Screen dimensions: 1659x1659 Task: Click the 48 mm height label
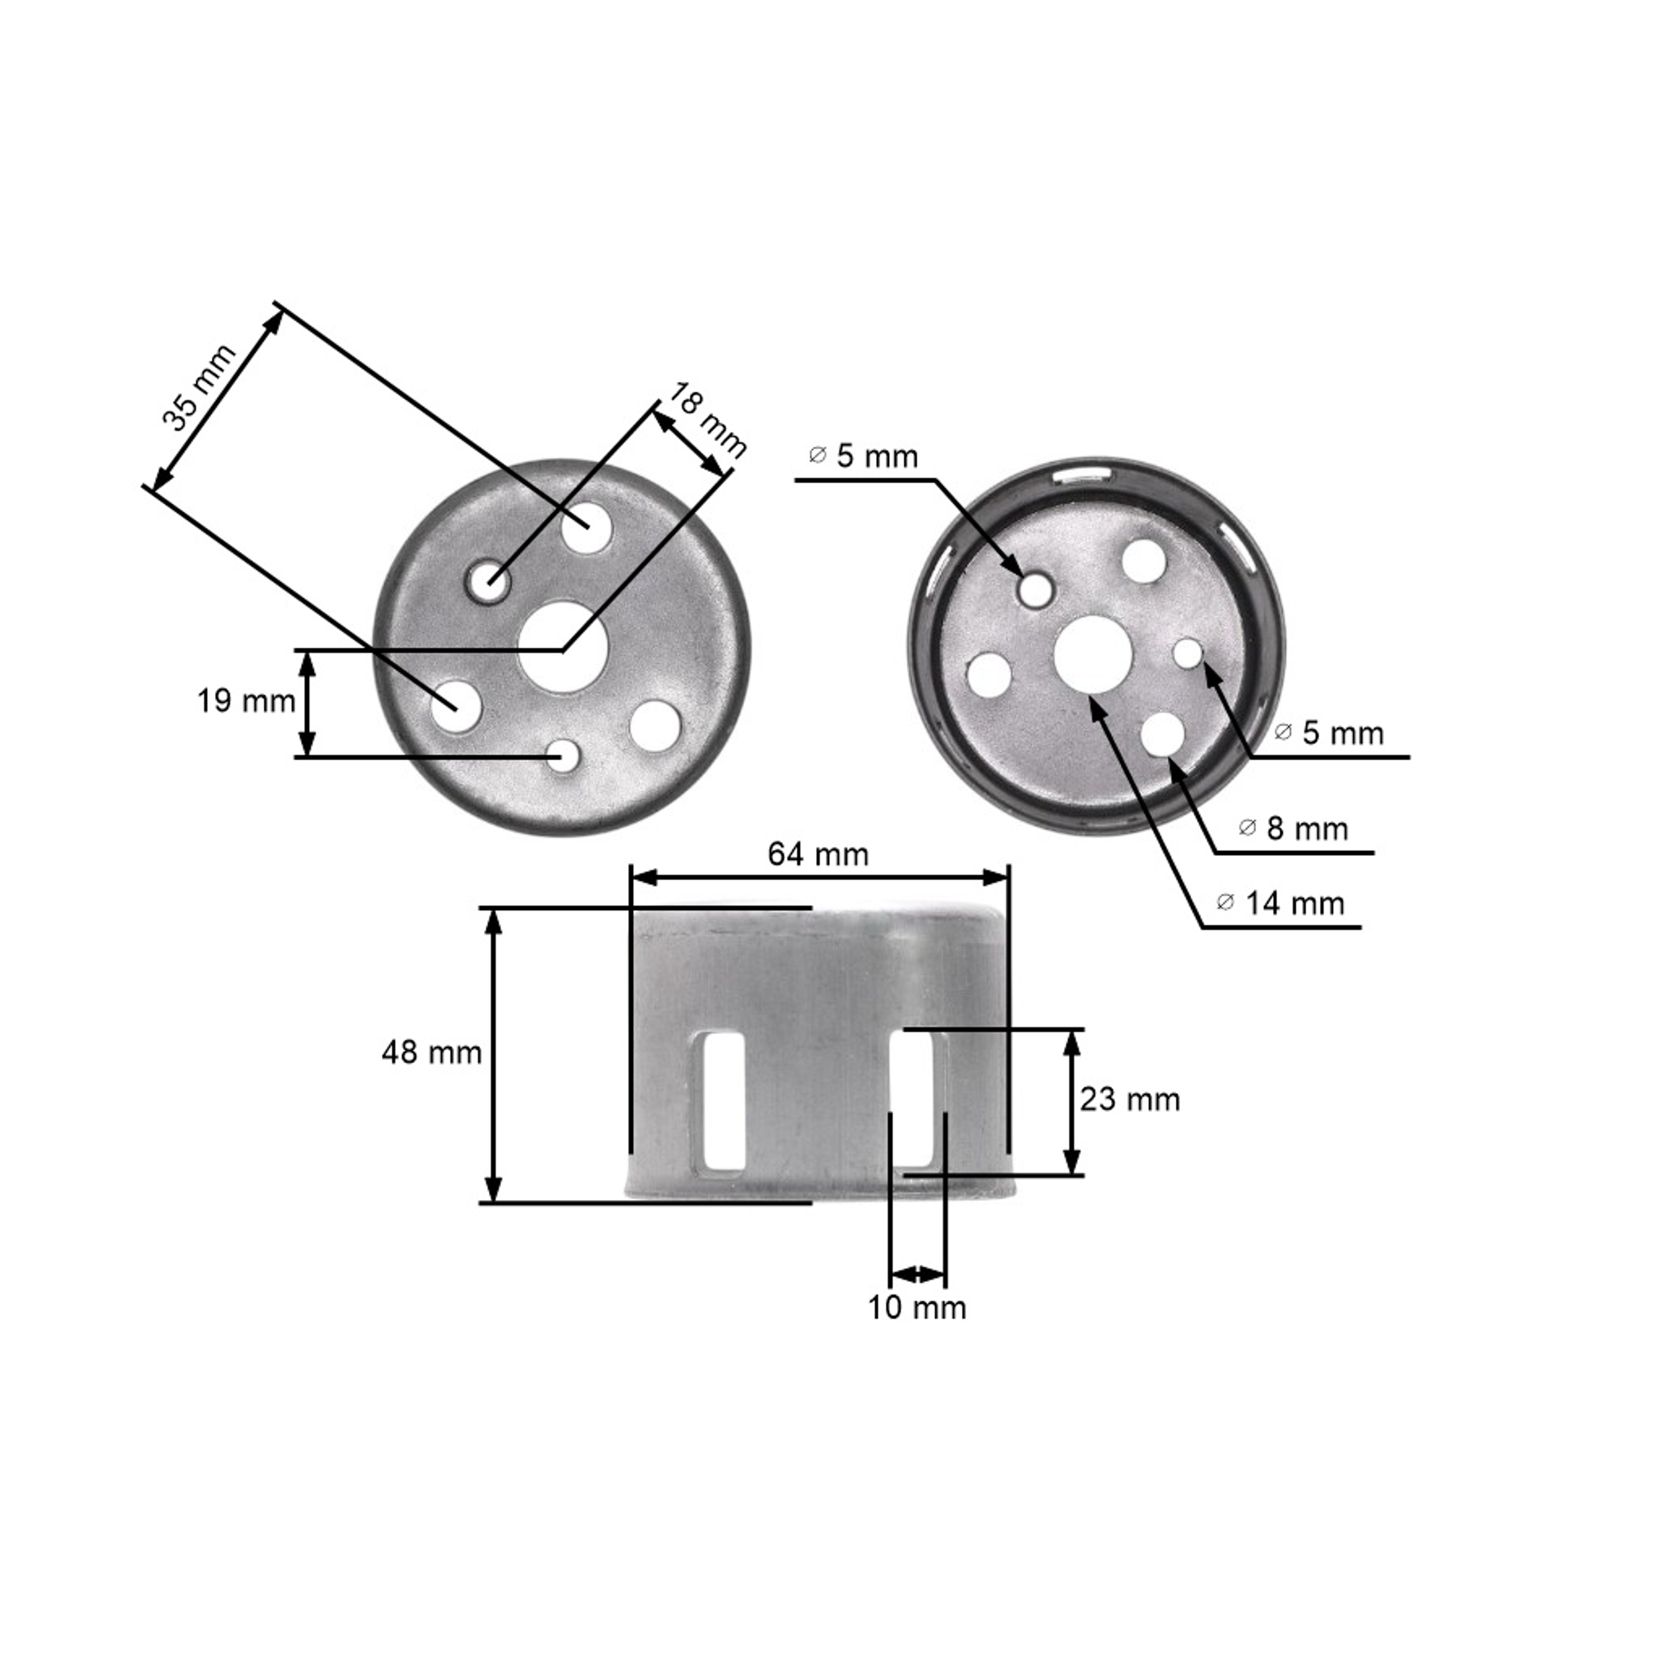point(432,1053)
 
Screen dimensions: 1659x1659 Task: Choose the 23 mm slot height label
point(1130,1099)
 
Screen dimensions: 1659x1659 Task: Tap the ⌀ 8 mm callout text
point(1293,828)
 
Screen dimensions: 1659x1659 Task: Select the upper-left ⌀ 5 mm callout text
point(863,456)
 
